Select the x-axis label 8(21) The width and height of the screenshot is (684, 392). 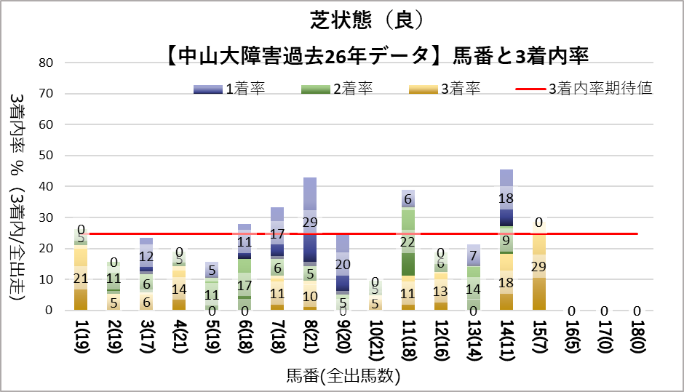point(310,338)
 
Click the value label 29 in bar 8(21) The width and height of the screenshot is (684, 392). point(310,223)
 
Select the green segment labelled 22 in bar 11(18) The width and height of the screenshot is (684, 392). point(407,242)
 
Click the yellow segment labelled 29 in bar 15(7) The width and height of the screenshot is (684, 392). point(538,266)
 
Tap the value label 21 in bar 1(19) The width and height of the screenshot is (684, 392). point(81,278)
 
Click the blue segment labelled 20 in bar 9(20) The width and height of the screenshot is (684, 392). point(343,264)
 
